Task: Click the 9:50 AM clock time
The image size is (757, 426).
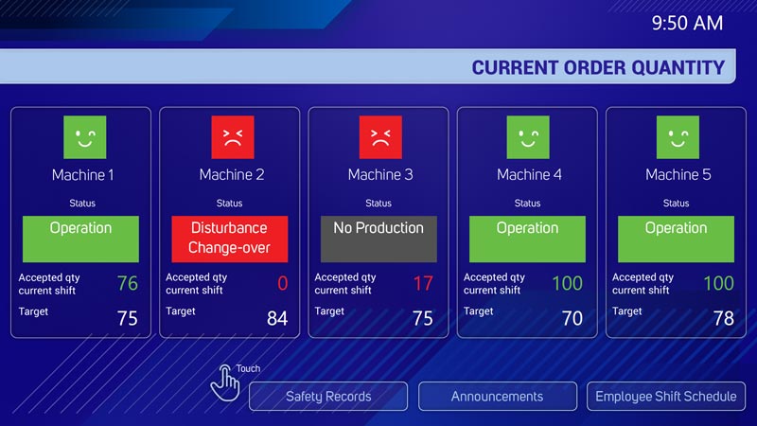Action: [687, 23]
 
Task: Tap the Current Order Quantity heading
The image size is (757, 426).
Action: [598, 67]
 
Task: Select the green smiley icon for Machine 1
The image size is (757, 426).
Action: [85, 137]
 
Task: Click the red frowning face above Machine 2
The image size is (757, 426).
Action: [233, 137]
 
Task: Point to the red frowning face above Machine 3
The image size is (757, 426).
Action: [380, 137]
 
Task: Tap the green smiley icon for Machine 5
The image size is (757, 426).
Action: [678, 137]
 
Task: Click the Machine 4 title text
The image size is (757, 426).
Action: [529, 174]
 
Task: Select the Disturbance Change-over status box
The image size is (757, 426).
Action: [230, 240]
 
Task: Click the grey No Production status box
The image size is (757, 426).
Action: [379, 240]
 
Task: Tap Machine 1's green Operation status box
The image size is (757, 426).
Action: [80, 240]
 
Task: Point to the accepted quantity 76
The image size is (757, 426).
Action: [128, 283]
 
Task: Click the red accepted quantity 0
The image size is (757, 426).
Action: [282, 283]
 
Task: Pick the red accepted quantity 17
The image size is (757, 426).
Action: [423, 283]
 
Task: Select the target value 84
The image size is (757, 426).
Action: [277, 318]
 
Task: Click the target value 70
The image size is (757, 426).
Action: [572, 318]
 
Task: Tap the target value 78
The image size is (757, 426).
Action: [724, 318]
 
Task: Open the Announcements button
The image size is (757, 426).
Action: [498, 397]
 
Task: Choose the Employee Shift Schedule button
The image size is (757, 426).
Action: [666, 397]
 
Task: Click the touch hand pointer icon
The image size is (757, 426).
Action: [225, 383]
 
